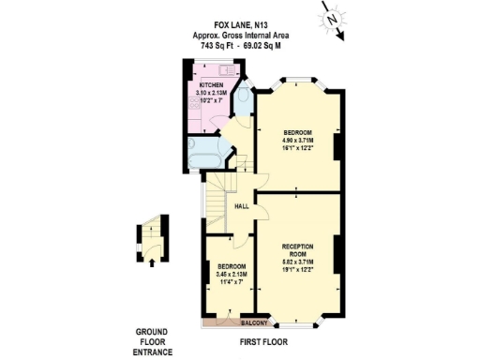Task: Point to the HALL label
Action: click(x=241, y=207)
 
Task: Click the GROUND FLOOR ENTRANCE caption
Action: click(x=151, y=341)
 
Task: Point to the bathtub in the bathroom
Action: click(x=202, y=155)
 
